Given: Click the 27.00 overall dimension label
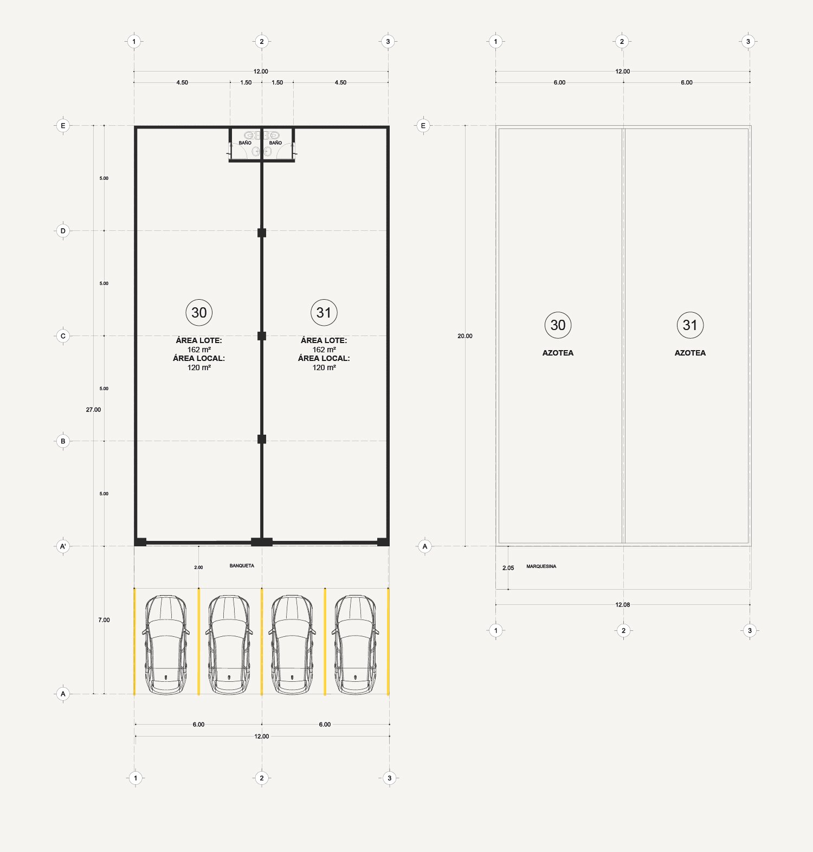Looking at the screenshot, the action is [x=93, y=410].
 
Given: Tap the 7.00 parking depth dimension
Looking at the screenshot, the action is [x=104, y=620].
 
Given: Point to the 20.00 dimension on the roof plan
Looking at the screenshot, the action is [x=465, y=336].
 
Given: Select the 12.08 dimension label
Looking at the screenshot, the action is [x=623, y=605].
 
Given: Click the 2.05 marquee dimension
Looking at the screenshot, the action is [x=508, y=568].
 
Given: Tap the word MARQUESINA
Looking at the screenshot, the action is [x=541, y=566].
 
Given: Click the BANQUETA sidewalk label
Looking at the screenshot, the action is [x=242, y=566].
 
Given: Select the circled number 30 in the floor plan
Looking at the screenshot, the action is [x=199, y=313].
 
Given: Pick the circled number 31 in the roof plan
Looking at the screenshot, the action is [x=690, y=325].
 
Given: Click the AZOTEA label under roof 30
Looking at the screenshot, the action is [x=558, y=353].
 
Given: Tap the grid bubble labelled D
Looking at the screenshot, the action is [x=63, y=231].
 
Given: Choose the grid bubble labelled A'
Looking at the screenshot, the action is [x=63, y=546].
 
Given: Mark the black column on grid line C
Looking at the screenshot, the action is [x=262, y=336].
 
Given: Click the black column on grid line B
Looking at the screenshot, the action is [x=262, y=439].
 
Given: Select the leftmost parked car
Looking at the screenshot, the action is [x=166, y=645].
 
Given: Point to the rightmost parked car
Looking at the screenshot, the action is [x=356, y=645].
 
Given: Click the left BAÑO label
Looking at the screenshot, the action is [x=245, y=143].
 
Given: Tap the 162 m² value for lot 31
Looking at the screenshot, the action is [x=324, y=350].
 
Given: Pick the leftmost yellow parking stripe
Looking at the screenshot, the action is [x=134, y=641].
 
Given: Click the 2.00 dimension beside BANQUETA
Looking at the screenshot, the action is [x=199, y=567].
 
